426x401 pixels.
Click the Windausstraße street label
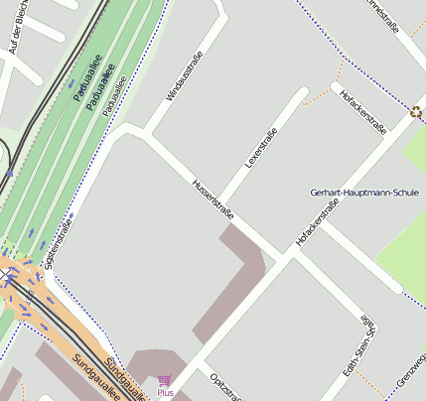(185, 76)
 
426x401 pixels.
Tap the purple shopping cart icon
(165, 380)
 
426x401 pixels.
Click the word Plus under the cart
(165, 393)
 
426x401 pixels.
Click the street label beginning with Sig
(60, 244)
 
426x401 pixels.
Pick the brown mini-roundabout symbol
(415, 113)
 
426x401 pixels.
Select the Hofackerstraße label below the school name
(318, 222)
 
